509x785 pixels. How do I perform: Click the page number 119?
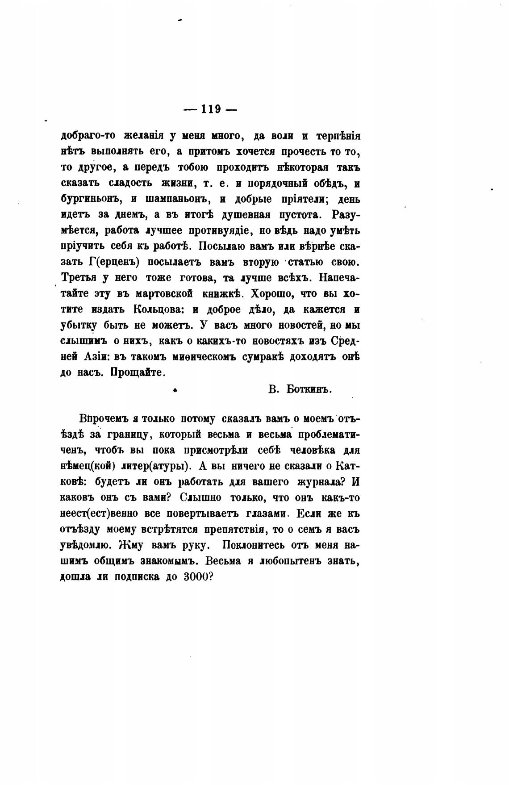pos(211,109)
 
